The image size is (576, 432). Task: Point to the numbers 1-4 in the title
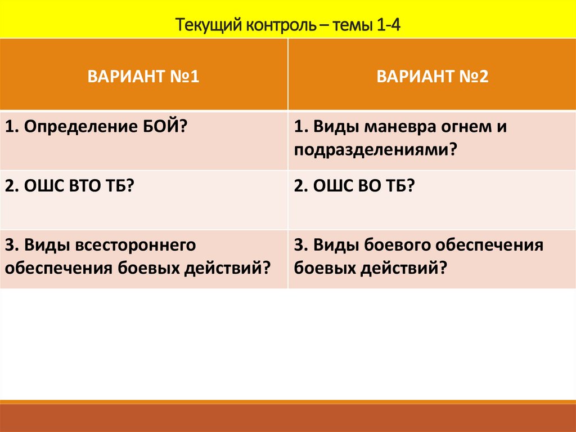pos(386,25)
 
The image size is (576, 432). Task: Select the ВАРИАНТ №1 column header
pos(143,76)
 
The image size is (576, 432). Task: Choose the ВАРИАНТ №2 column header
pos(432,76)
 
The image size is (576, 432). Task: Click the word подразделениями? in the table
pos(374,150)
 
